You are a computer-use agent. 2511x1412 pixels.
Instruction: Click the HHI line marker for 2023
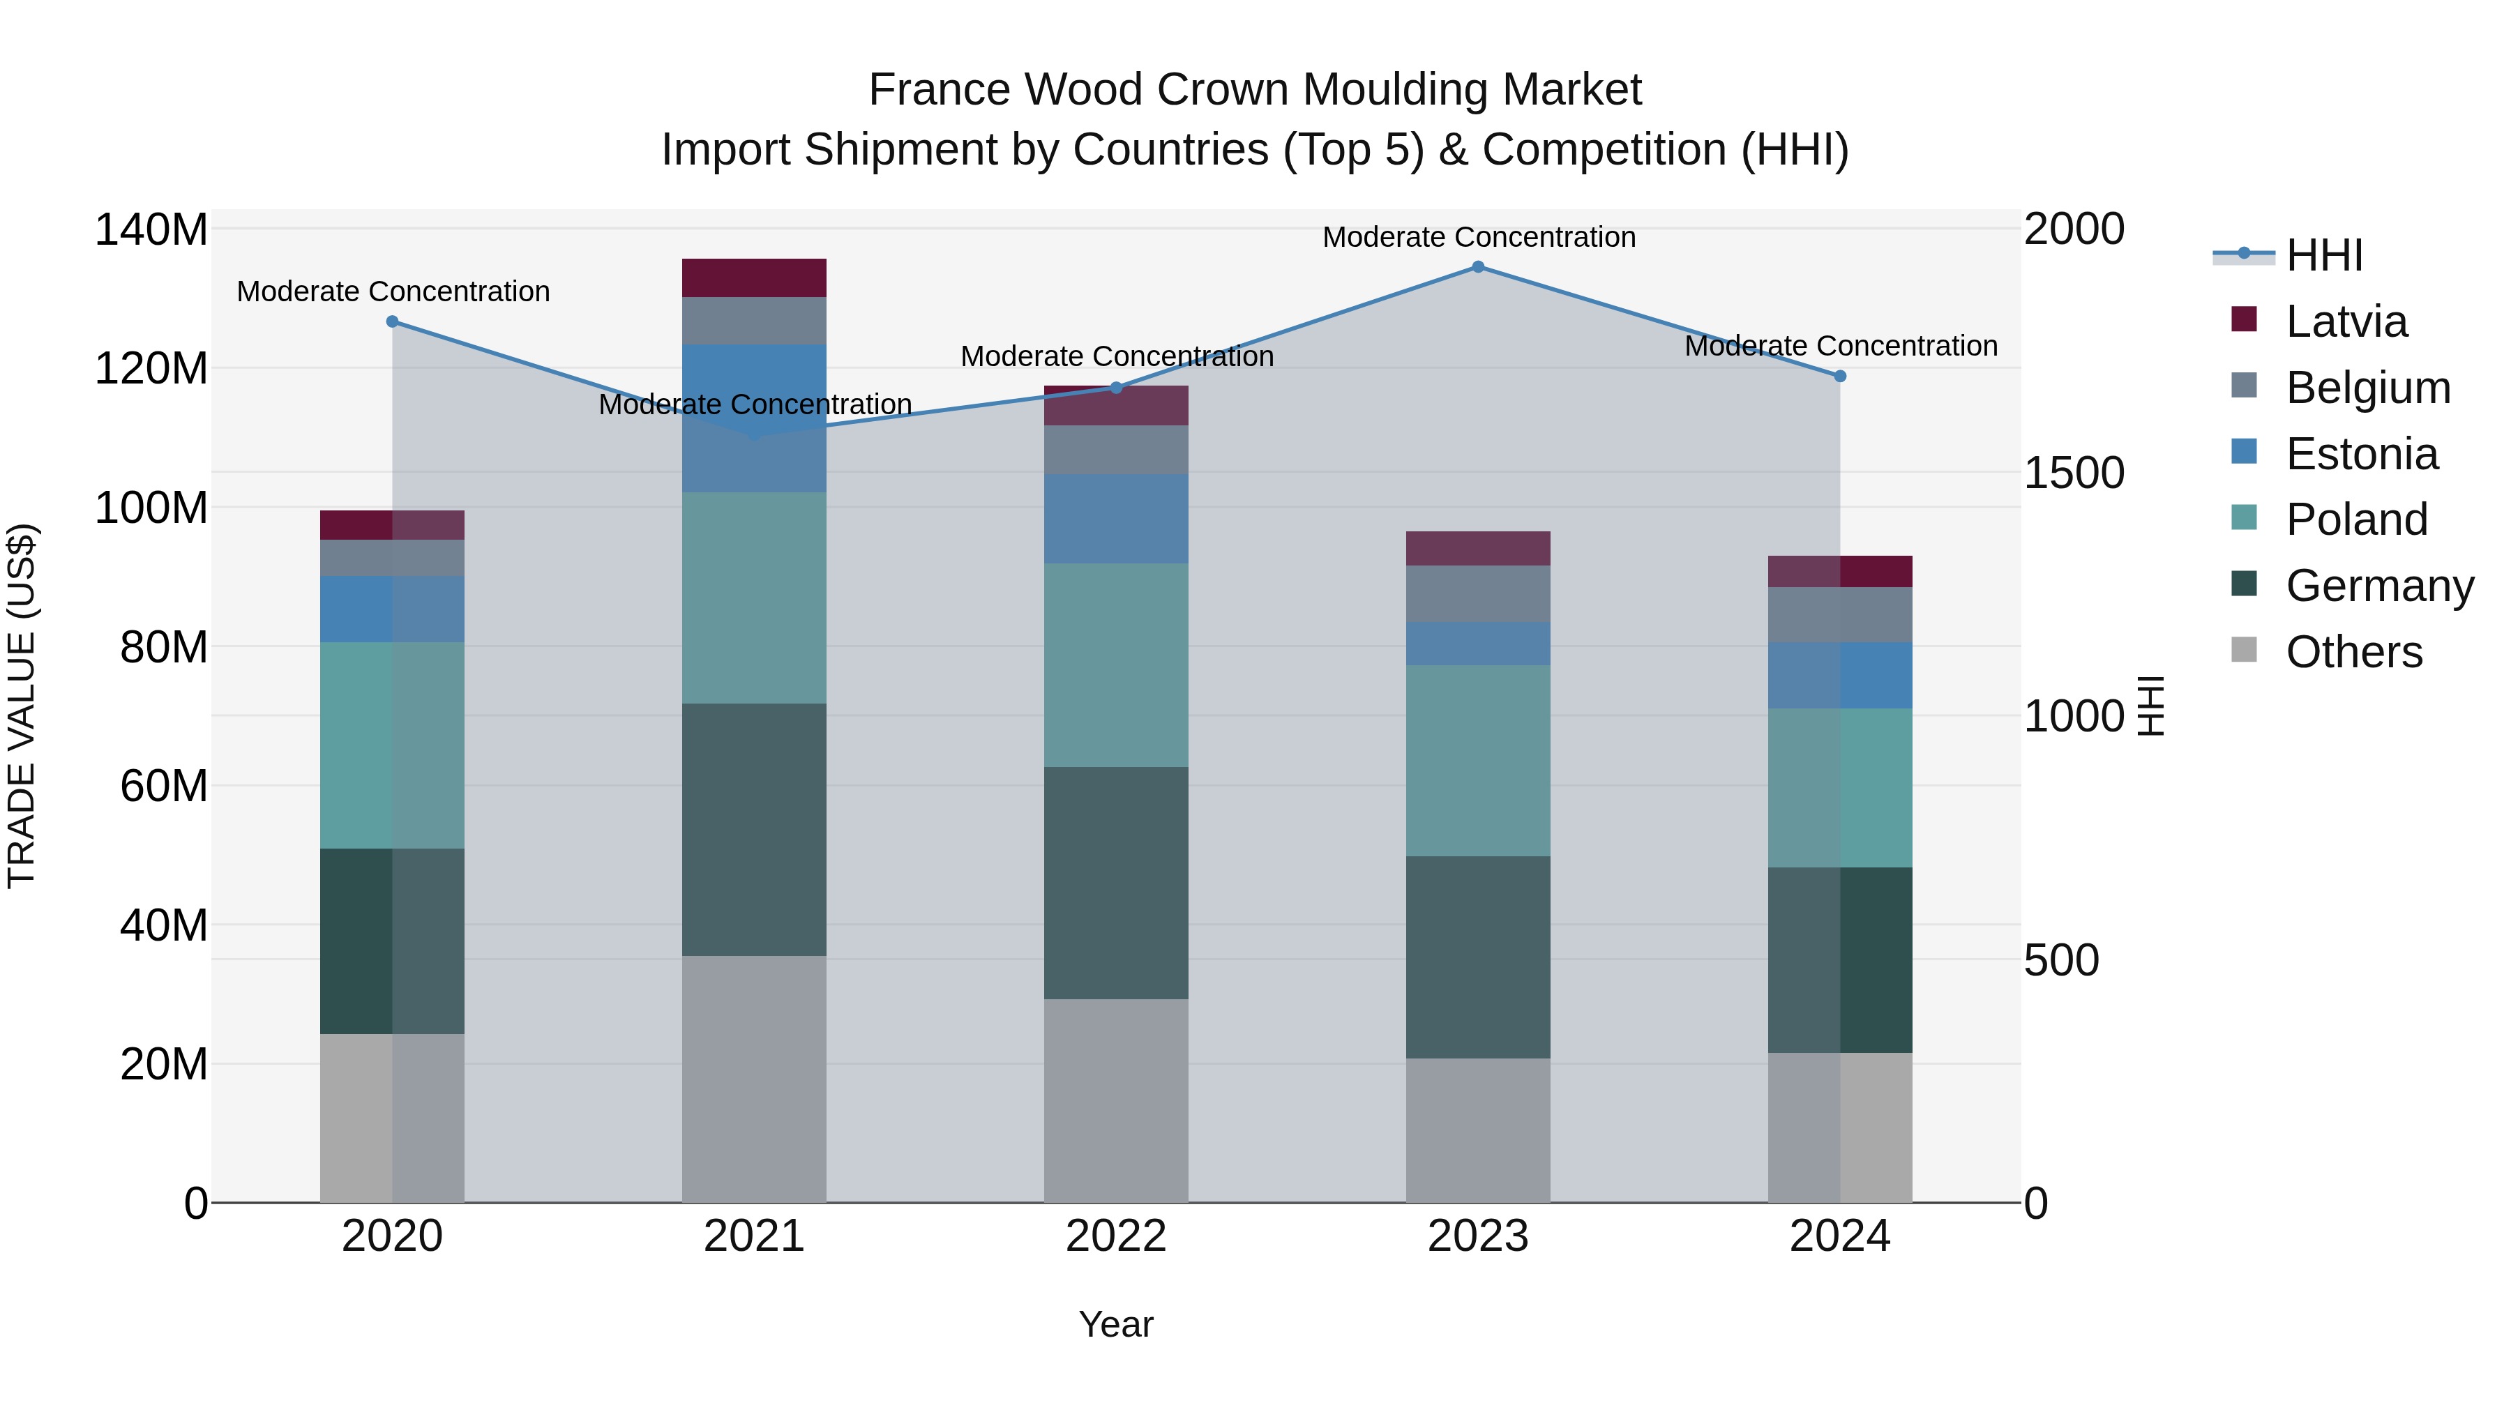[x=1478, y=267]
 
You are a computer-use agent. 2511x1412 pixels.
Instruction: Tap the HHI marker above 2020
[x=393, y=321]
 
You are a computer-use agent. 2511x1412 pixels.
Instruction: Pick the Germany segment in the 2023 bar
[x=1478, y=957]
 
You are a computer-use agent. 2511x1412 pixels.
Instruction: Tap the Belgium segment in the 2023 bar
[x=1478, y=593]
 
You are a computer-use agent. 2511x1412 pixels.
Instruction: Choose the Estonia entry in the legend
[x=2361, y=454]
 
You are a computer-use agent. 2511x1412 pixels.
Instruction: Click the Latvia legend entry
[x=2345, y=321]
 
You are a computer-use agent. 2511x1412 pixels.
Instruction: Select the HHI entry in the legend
[x=2324, y=255]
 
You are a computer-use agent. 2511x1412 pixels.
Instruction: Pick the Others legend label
[x=2353, y=652]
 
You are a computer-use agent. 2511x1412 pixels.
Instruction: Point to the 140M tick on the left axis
[x=151, y=230]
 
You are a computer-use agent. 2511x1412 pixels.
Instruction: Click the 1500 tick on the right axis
[x=2074, y=473]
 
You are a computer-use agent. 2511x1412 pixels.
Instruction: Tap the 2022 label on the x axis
[x=1116, y=1236]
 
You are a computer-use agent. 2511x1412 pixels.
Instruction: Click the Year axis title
[x=1116, y=1324]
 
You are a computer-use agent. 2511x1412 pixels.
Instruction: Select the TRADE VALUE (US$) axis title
[x=22, y=706]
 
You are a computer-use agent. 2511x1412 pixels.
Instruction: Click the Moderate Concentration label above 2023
[x=1478, y=237]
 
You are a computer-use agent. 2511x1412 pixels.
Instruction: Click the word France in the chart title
[x=937, y=90]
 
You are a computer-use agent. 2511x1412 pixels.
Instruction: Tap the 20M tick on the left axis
[x=163, y=1064]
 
